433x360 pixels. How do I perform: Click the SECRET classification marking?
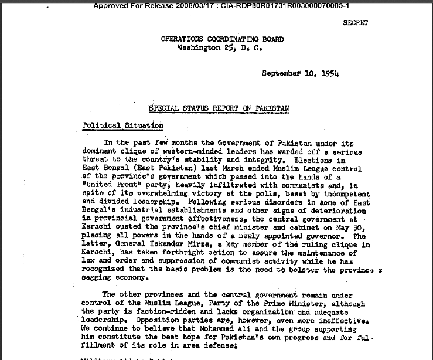pos(356,23)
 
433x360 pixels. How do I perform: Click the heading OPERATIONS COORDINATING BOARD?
pos(222,39)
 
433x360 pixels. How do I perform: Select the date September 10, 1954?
pos(300,74)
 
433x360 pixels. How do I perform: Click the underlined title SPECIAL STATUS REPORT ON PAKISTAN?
pos(219,108)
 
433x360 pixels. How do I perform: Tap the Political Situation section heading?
pos(122,125)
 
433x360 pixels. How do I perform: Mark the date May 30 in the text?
pos(353,227)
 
